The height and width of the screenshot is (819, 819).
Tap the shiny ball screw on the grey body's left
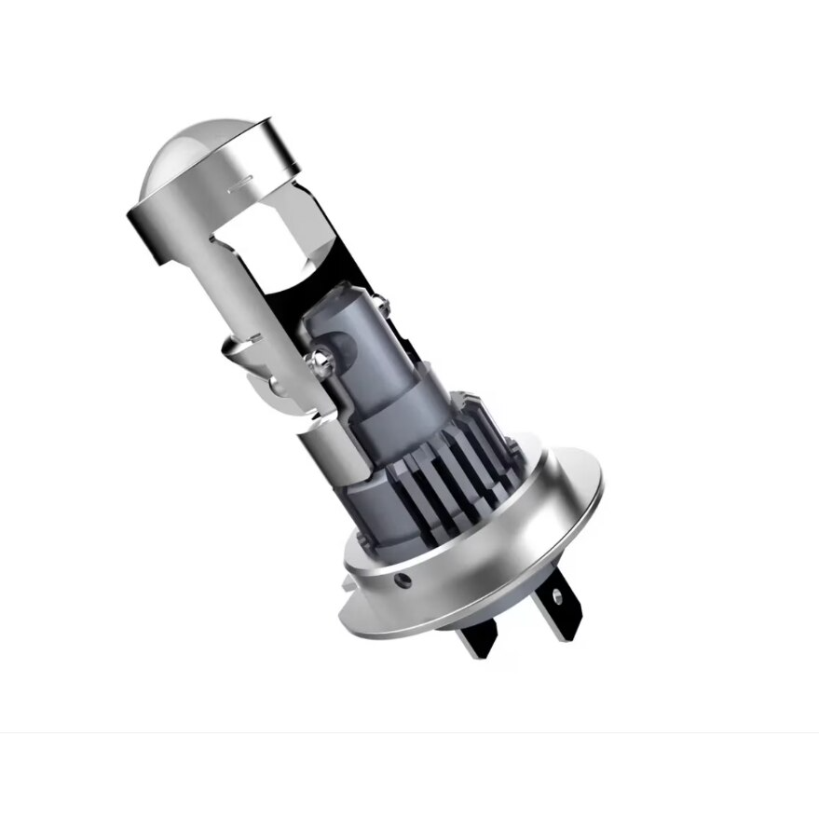[x=321, y=356]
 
